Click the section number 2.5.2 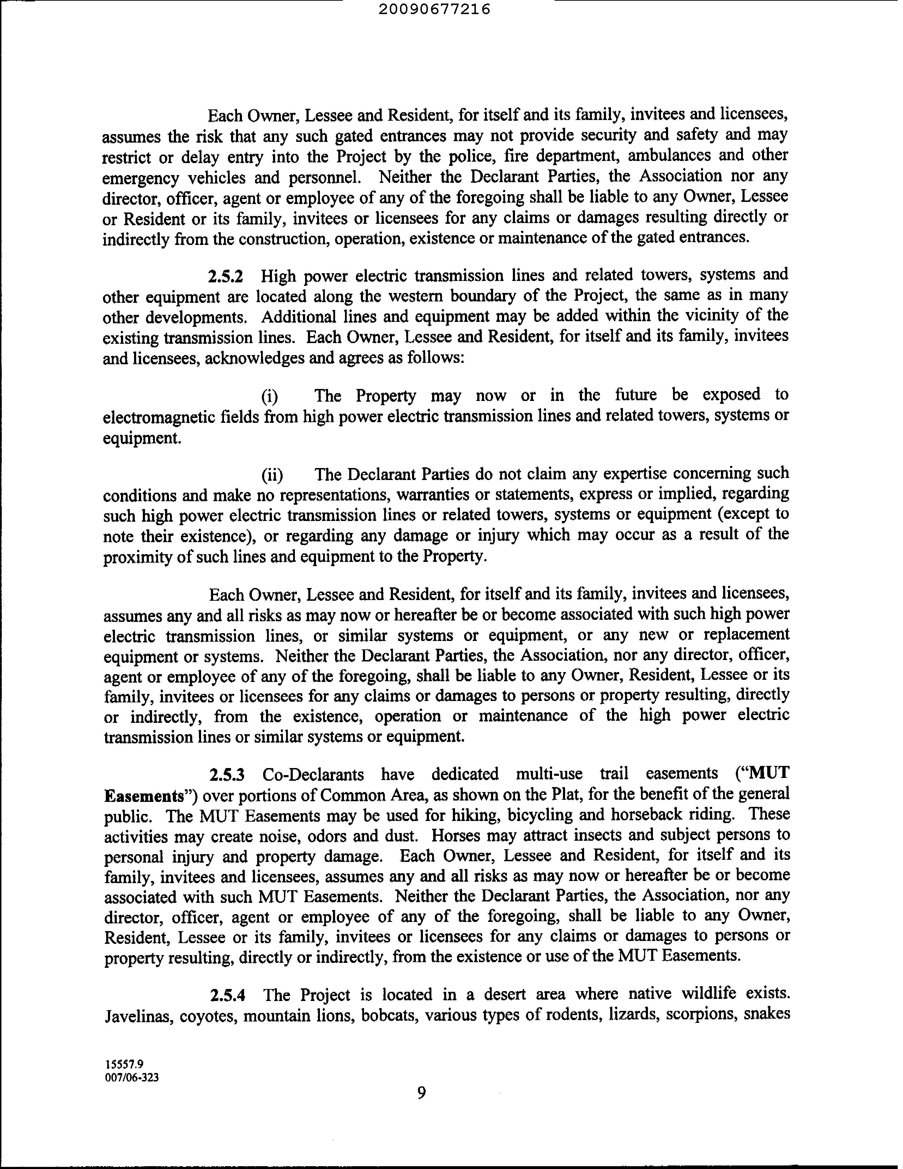point(225,277)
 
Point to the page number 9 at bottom point(421,1093)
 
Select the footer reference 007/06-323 point(132,1078)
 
